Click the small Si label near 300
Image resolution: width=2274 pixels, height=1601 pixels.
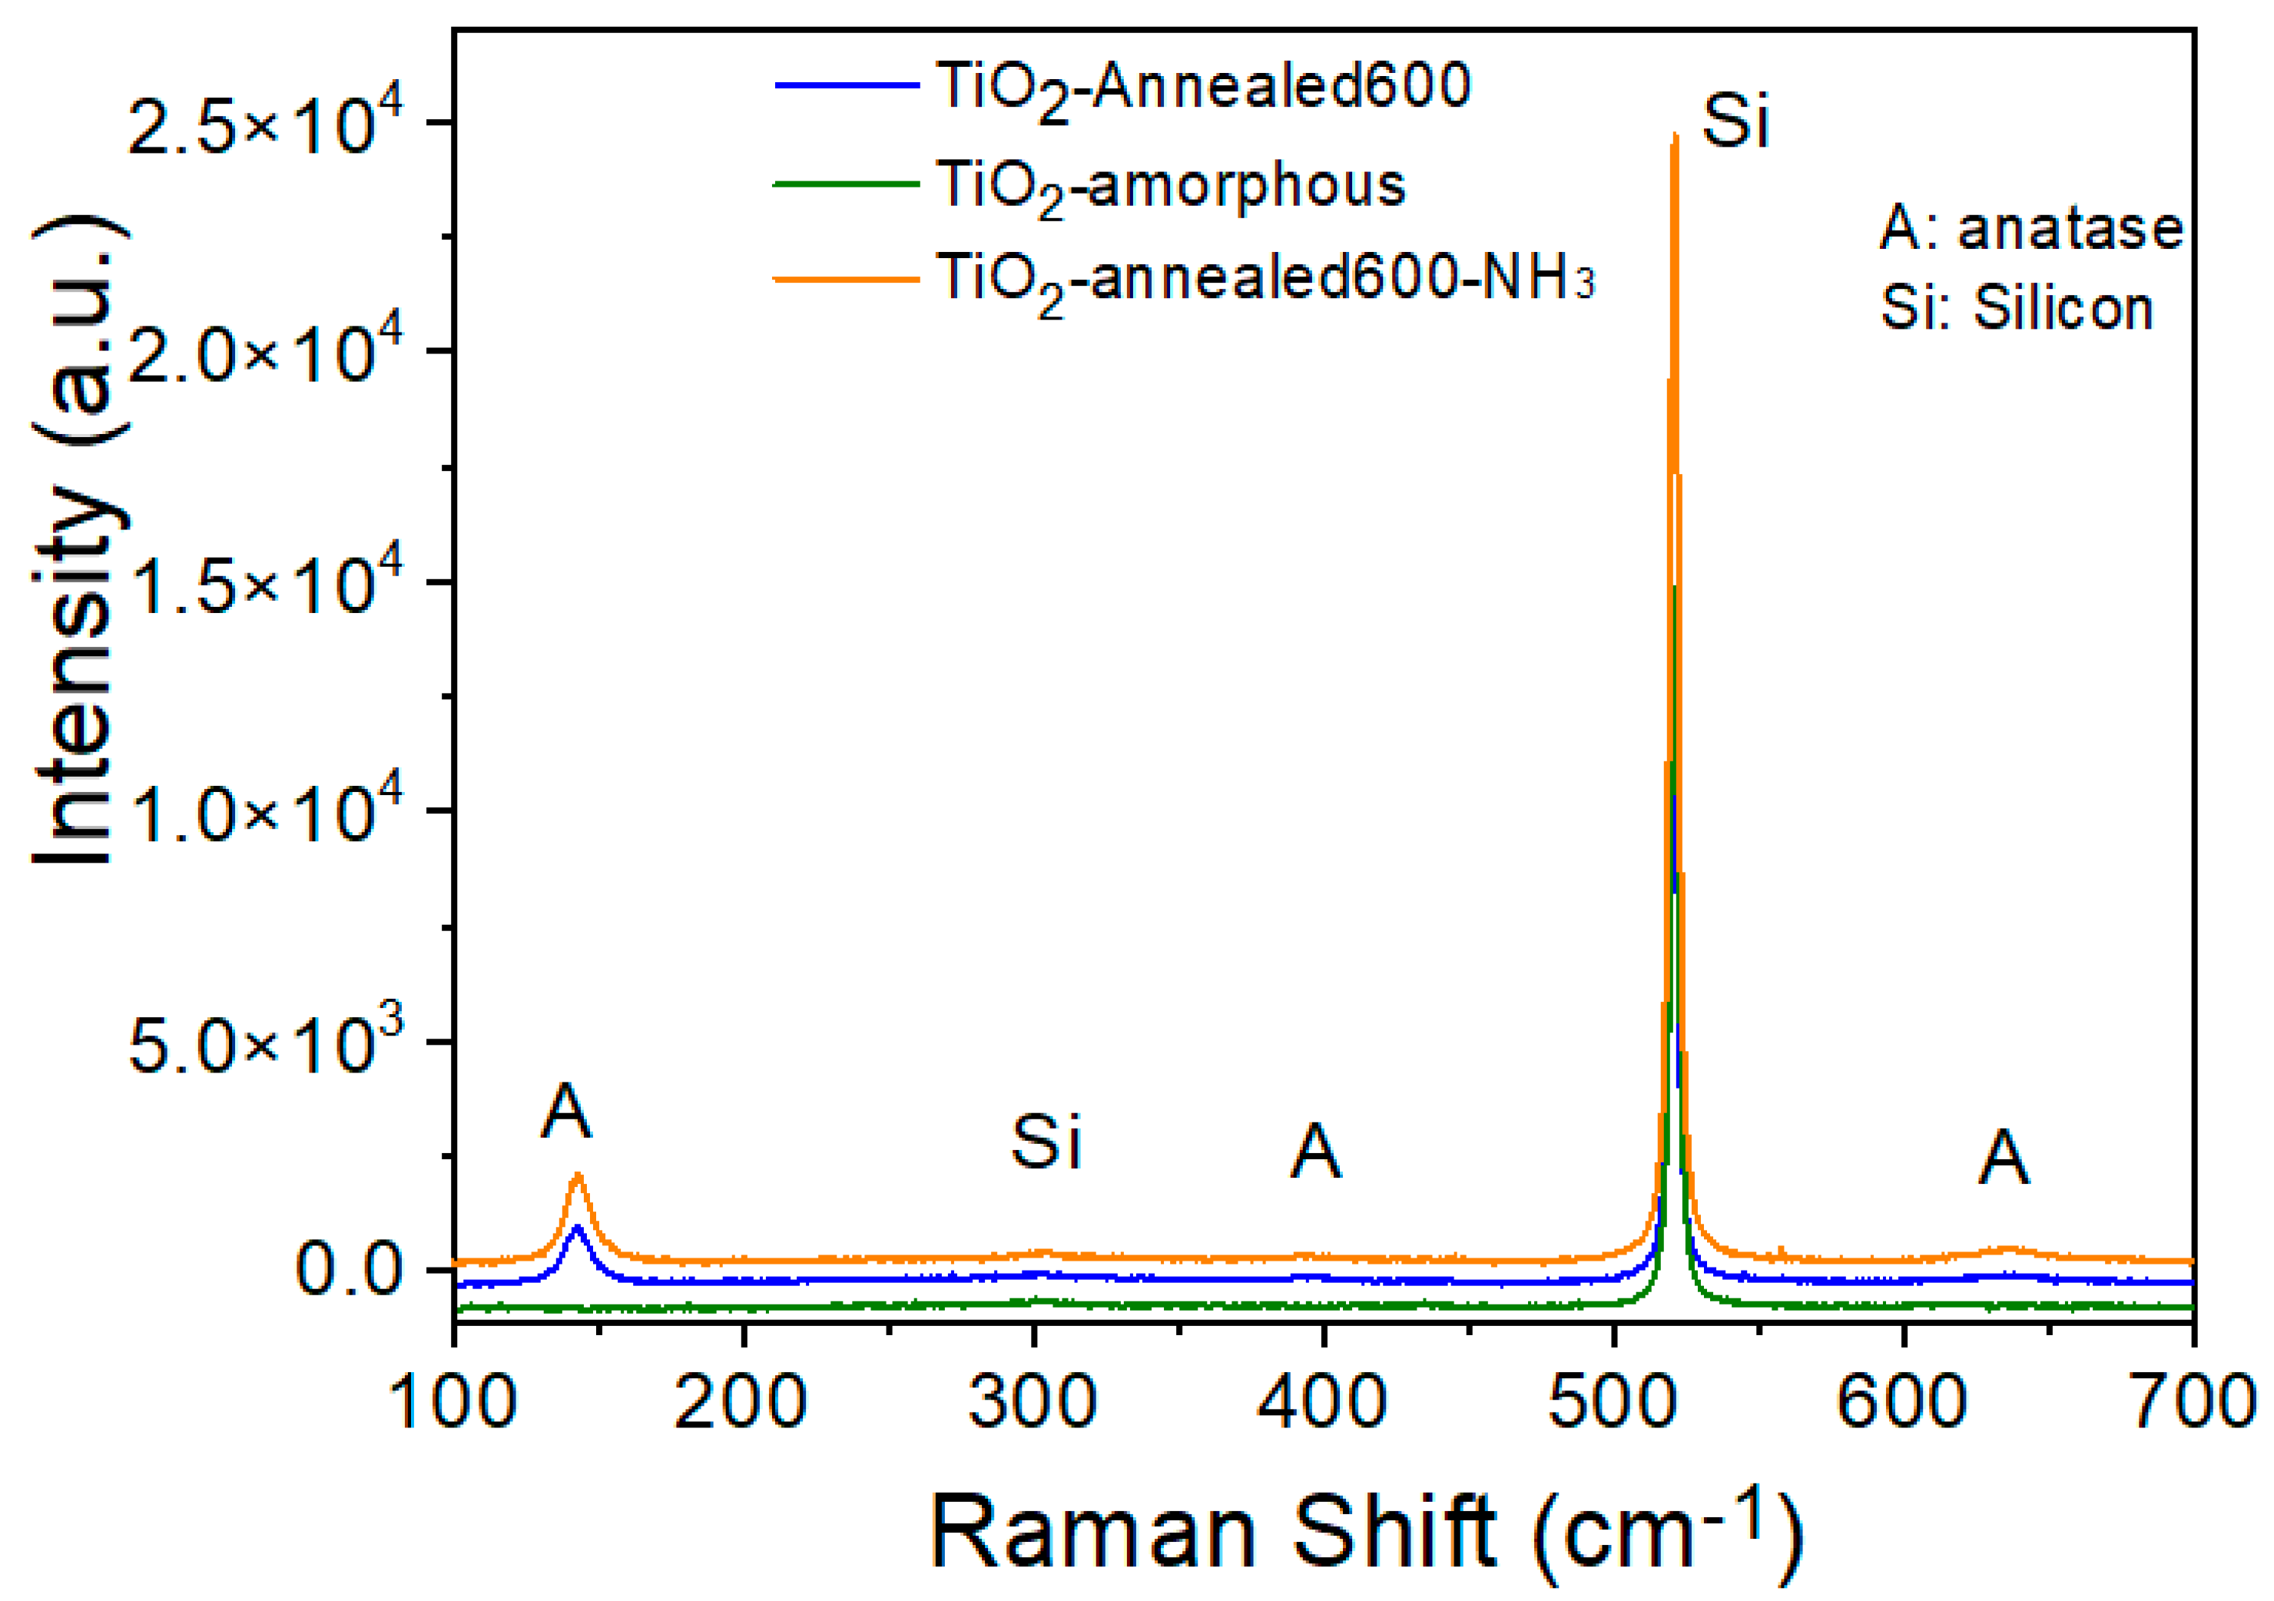point(1045,1142)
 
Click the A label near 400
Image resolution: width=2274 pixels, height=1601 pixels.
point(1315,1152)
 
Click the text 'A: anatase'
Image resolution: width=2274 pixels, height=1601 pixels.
point(2031,229)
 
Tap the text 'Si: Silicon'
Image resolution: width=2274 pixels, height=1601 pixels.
point(2017,308)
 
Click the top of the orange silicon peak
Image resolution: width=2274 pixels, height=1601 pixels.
point(1675,136)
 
